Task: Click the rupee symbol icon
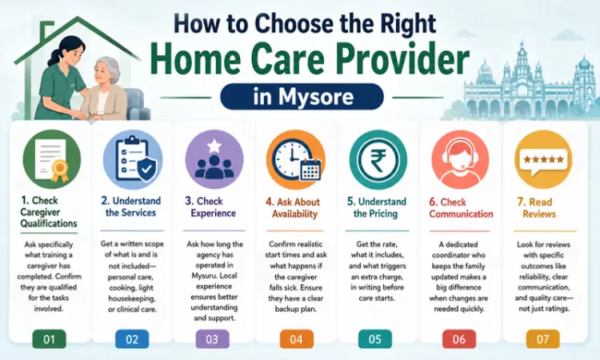coord(378,160)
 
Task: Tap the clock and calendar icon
coord(295,160)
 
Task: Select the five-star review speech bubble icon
coord(543,160)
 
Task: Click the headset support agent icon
coord(460,160)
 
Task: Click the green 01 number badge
coord(49,339)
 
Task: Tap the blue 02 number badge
coord(132,339)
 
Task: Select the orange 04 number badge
coord(297,339)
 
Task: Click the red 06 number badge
coord(459,339)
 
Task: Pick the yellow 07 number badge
coord(542,339)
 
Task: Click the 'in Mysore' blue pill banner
coord(302,97)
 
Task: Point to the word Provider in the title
coord(402,60)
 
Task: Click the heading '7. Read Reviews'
coord(538,207)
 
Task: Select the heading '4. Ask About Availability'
coord(294,208)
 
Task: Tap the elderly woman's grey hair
coord(110,68)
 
